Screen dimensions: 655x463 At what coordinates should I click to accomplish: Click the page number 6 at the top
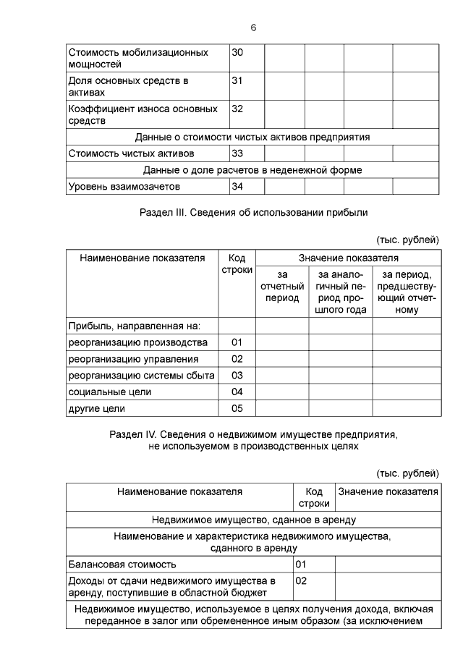(253, 28)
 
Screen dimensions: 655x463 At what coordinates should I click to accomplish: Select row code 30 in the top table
(237, 53)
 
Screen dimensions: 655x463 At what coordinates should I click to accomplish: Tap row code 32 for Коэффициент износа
(237, 109)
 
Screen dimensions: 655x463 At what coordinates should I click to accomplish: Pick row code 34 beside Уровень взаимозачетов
(237, 187)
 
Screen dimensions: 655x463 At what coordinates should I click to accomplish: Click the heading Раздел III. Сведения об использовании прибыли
(252, 212)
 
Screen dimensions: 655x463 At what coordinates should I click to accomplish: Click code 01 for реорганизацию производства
(237, 342)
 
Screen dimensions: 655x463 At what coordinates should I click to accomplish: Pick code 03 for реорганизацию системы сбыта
(237, 376)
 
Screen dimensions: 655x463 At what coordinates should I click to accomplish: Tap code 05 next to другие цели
(237, 409)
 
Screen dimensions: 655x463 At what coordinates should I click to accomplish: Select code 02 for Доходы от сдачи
(302, 580)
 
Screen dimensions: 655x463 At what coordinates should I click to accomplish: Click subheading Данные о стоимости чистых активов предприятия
(252, 136)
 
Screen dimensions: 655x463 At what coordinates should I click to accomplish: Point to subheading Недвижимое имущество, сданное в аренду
(252, 520)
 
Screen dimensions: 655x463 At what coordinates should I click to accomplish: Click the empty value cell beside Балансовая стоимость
(386, 564)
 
